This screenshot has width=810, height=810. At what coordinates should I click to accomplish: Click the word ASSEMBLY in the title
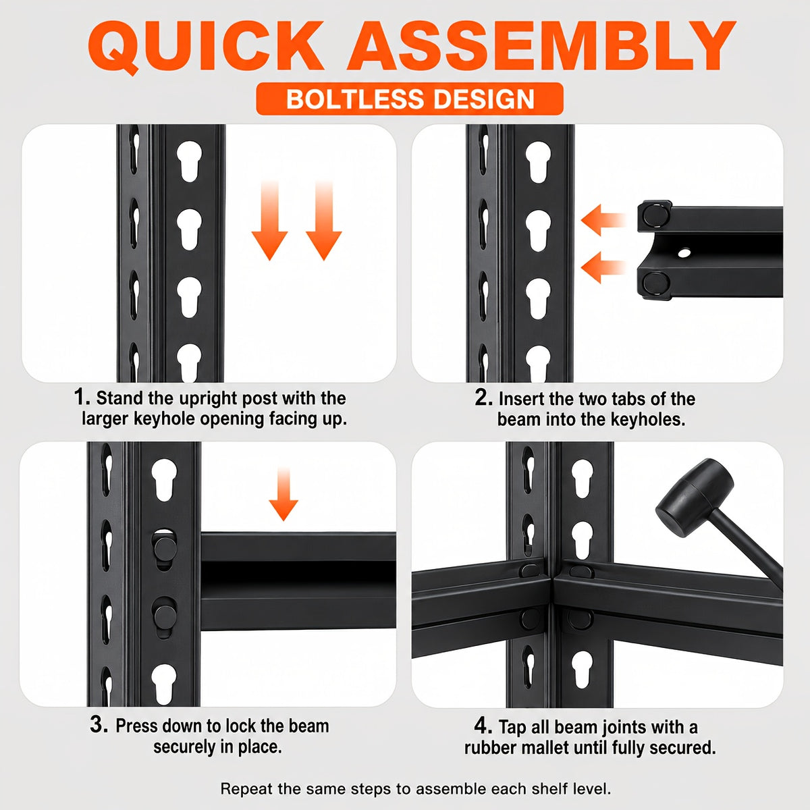(x=541, y=45)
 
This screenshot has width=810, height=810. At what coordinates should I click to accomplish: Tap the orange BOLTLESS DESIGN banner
(x=410, y=99)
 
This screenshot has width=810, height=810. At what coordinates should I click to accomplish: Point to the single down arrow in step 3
(x=283, y=493)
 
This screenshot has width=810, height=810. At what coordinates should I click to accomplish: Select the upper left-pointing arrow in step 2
(x=603, y=220)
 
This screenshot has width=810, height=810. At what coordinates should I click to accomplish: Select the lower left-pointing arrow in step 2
(x=603, y=267)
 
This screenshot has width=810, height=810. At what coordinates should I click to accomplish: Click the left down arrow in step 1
(x=269, y=220)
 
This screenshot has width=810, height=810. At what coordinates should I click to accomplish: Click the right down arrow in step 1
(x=324, y=220)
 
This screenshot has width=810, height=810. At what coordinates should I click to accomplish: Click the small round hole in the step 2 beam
(x=684, y=253)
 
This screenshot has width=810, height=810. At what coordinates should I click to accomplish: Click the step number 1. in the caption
(x=82, y=397)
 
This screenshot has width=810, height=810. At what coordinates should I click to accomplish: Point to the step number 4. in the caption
(x=483, y=725)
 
